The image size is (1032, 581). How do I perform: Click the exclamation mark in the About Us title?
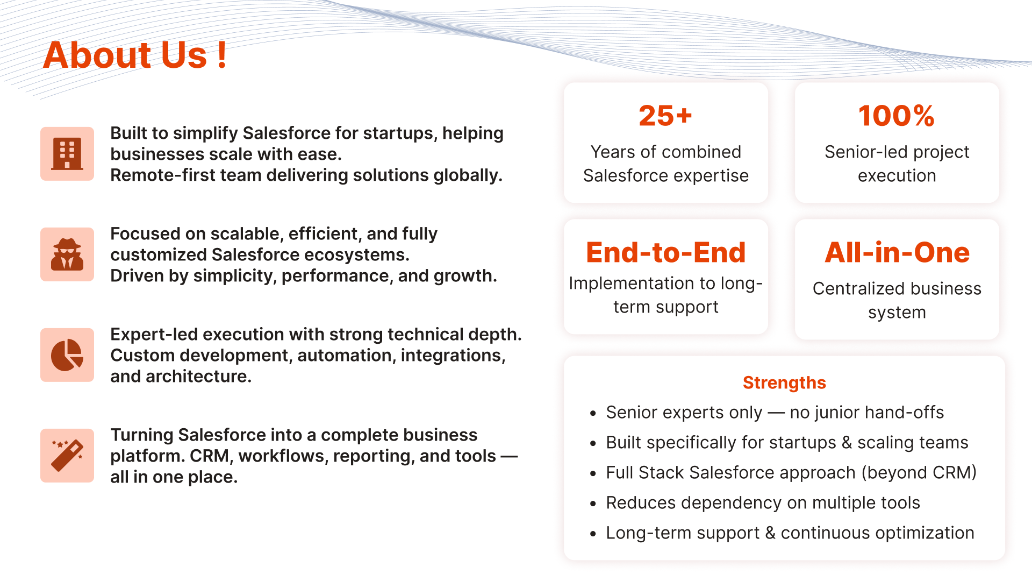pos(222,55)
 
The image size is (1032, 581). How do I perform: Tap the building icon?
pos(67,154)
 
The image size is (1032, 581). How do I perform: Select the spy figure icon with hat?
pos(67,254)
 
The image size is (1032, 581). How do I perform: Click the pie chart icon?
pos(67,355)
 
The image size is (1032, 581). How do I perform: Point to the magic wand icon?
pos(67,456)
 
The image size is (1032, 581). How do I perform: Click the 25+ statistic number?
pos(665,116)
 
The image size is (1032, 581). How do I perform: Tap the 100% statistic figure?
pos(897,116)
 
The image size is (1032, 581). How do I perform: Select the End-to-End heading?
pos(666,252)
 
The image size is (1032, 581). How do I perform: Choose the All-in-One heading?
pos(897,252)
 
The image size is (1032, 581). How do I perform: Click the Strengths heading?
pos(784,382)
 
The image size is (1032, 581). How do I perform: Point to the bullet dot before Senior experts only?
pos(593,414)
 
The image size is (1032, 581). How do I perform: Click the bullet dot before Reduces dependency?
pos(593,504)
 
